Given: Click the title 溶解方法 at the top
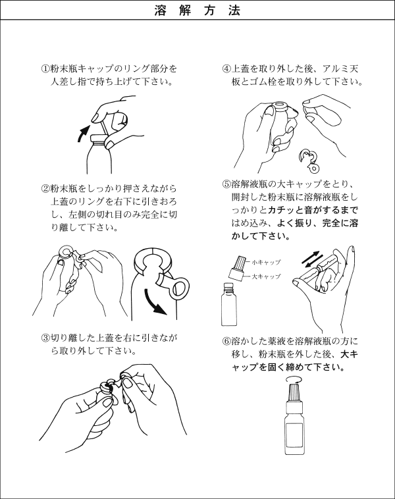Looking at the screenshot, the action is coord(197,10).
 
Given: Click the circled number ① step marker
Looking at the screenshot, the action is coord(46,68).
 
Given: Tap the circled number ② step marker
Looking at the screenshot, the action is coord(46,188).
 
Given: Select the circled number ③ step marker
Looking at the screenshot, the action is coord(46,337).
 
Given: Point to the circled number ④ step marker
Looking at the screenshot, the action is coord(226,68).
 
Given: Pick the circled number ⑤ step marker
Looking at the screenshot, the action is coord(226,184).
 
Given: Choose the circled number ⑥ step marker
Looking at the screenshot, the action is coord(226,341).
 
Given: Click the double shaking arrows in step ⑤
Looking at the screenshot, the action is coord(310,259).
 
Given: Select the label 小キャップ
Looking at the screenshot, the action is coord(266,262).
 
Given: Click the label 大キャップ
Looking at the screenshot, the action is coord(266,276).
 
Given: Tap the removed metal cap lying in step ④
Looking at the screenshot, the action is coord(309,160).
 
